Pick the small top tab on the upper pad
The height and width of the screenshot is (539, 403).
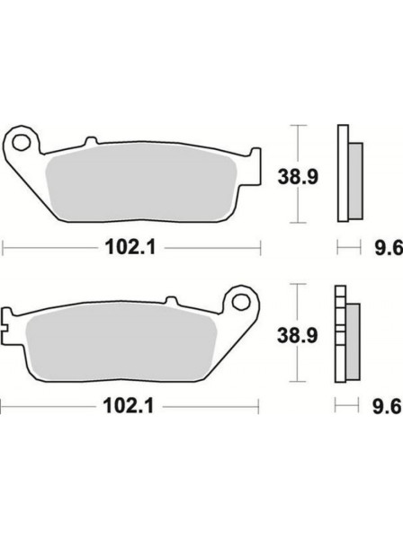(89, 142)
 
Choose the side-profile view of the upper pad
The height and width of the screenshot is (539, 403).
(348, 172)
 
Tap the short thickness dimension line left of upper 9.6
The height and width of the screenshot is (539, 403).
(349, 245)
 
